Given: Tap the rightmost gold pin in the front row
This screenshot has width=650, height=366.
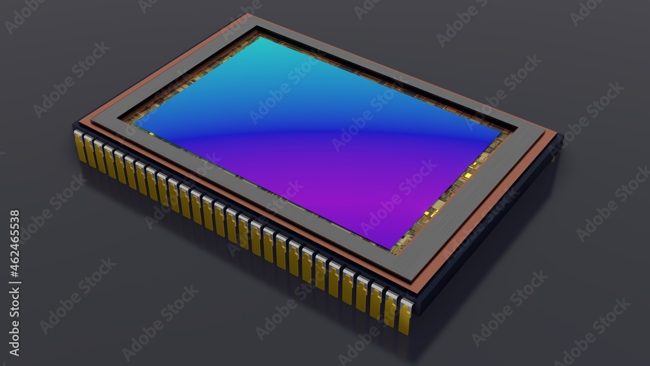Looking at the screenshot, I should tap(405, 317).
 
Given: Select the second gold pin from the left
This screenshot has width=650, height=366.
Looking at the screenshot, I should tap(90, 151).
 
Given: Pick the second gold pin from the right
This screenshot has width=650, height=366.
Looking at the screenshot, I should tap(391, 309).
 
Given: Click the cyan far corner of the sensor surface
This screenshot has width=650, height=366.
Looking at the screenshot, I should tap(259, 38).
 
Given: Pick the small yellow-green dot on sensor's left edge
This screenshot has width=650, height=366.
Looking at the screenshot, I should tap(151, 134).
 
